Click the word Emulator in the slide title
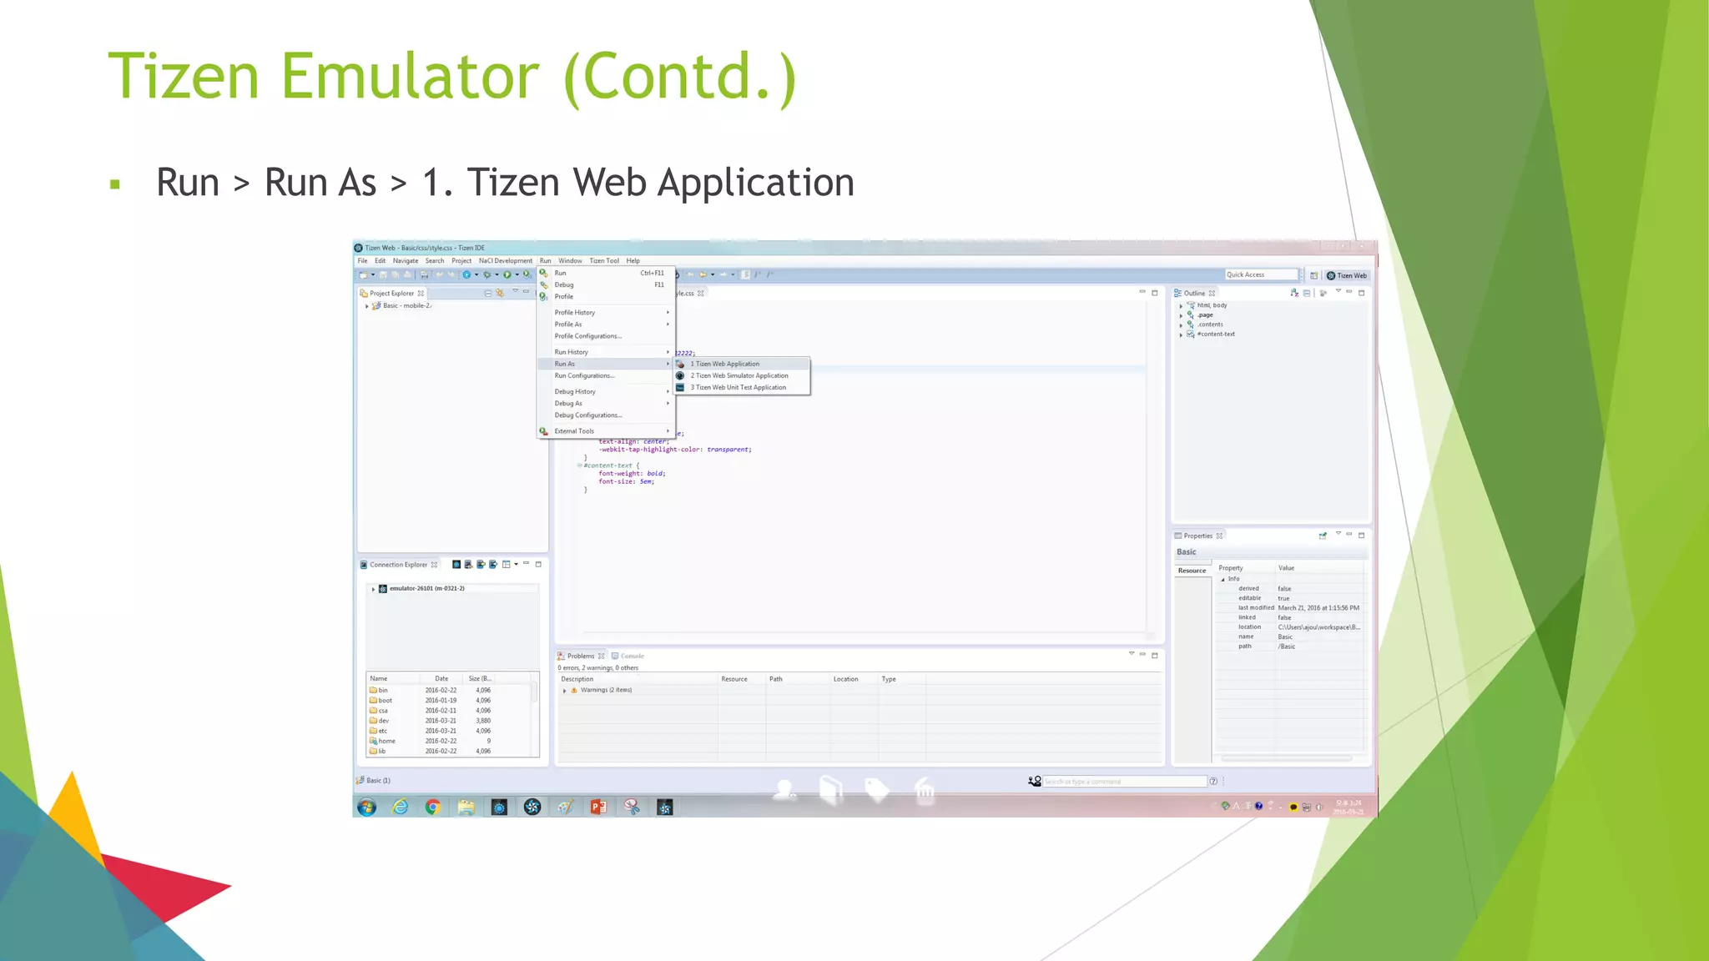(410, 77)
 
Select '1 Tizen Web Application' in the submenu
(724, 364)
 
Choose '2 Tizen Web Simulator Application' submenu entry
(739, 375)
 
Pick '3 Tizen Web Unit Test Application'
(738, 387)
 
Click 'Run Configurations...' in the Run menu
(584, 375)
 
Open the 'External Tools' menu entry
(574, 431)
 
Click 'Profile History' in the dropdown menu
(575, 313)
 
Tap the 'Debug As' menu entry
(568, 404)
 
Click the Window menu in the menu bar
(570, 261)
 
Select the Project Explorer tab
(391, 294)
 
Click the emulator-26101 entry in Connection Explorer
(426, 589)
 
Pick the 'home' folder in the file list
(386, 741)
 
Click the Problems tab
(580, 657)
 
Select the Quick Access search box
(1260, 275)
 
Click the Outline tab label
(1194, 294)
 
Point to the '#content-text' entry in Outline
(1216, 335)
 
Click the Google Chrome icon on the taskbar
(432, 807)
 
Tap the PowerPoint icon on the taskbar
(598, 807)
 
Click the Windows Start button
(366, 807)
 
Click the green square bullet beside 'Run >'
(115, 184)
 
